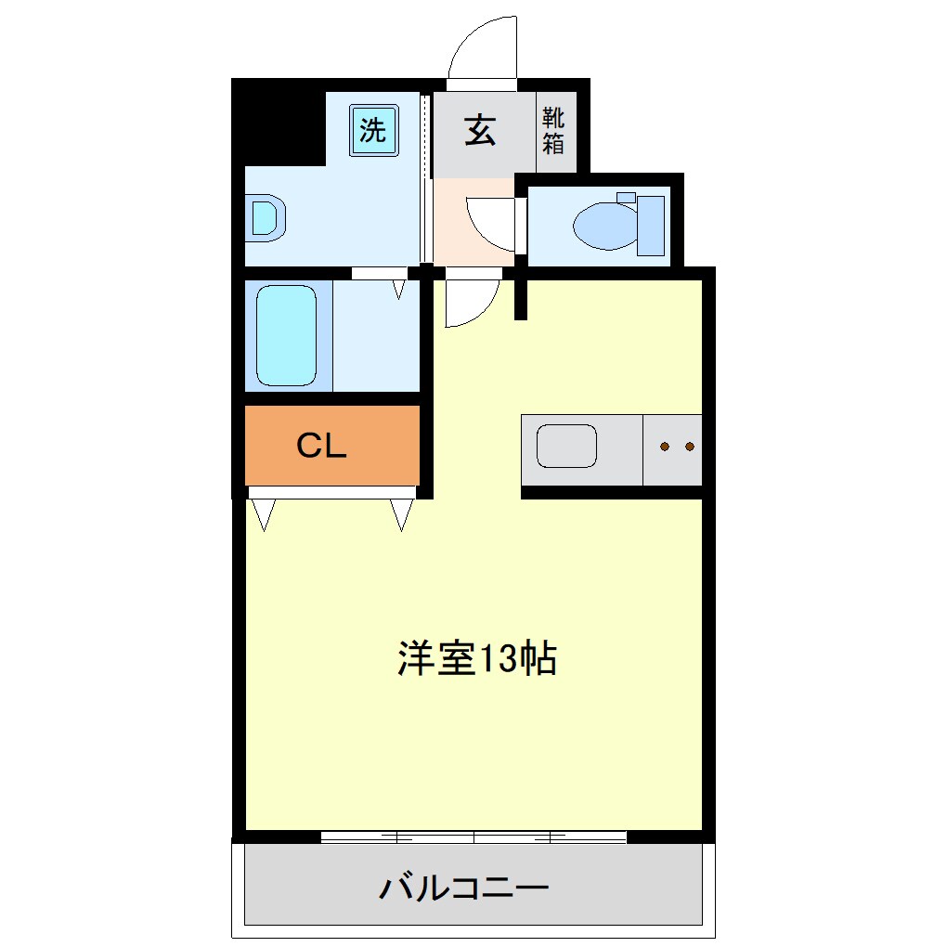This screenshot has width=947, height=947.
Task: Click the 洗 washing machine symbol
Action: click(374, 129)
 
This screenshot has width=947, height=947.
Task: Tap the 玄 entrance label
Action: click(479, 129)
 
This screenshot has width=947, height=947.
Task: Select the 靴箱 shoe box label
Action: click(553, 130)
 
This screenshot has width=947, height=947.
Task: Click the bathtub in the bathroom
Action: click(286, 335)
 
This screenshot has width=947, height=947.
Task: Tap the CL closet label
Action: click(321, 447)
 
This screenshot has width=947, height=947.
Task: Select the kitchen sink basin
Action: click(567, 447)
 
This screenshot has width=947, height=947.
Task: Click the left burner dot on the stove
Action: click(665, 447)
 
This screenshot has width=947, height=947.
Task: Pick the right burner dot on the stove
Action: click(689, 447)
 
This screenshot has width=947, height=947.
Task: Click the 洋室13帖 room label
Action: click(477, 658)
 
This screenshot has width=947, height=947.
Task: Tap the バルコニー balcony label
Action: click(463, 889)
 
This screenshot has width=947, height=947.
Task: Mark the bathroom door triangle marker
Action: click(399, 289)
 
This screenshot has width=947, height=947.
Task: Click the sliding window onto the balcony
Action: click(473, 837)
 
